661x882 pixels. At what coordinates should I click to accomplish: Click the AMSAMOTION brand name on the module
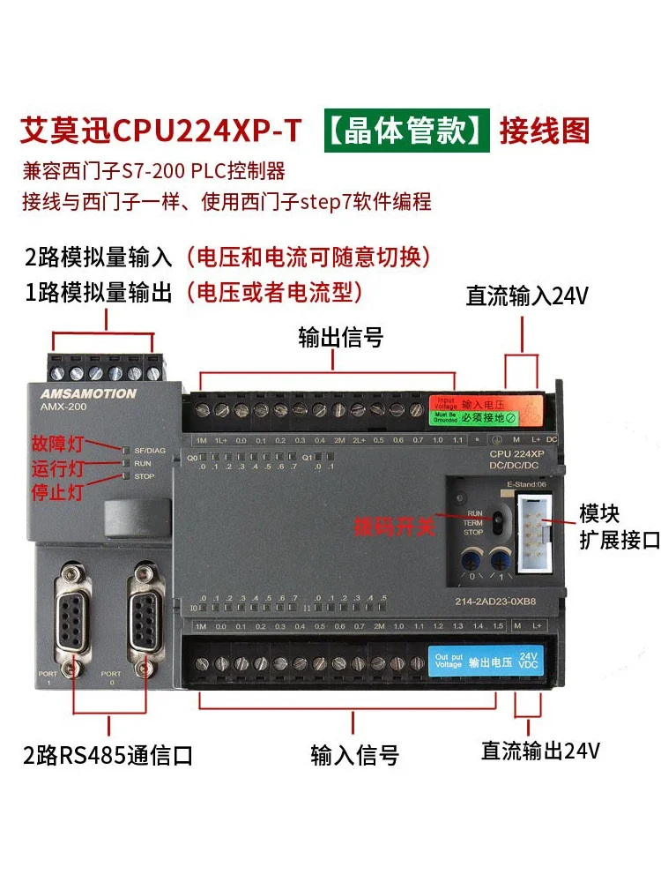point(87,394)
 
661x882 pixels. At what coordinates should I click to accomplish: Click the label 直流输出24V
point(540,751)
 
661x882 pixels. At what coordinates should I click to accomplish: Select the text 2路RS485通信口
point(108,756)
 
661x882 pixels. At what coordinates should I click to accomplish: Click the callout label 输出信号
point(341,338)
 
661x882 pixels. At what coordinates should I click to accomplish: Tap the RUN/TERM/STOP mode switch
point(497,520)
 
